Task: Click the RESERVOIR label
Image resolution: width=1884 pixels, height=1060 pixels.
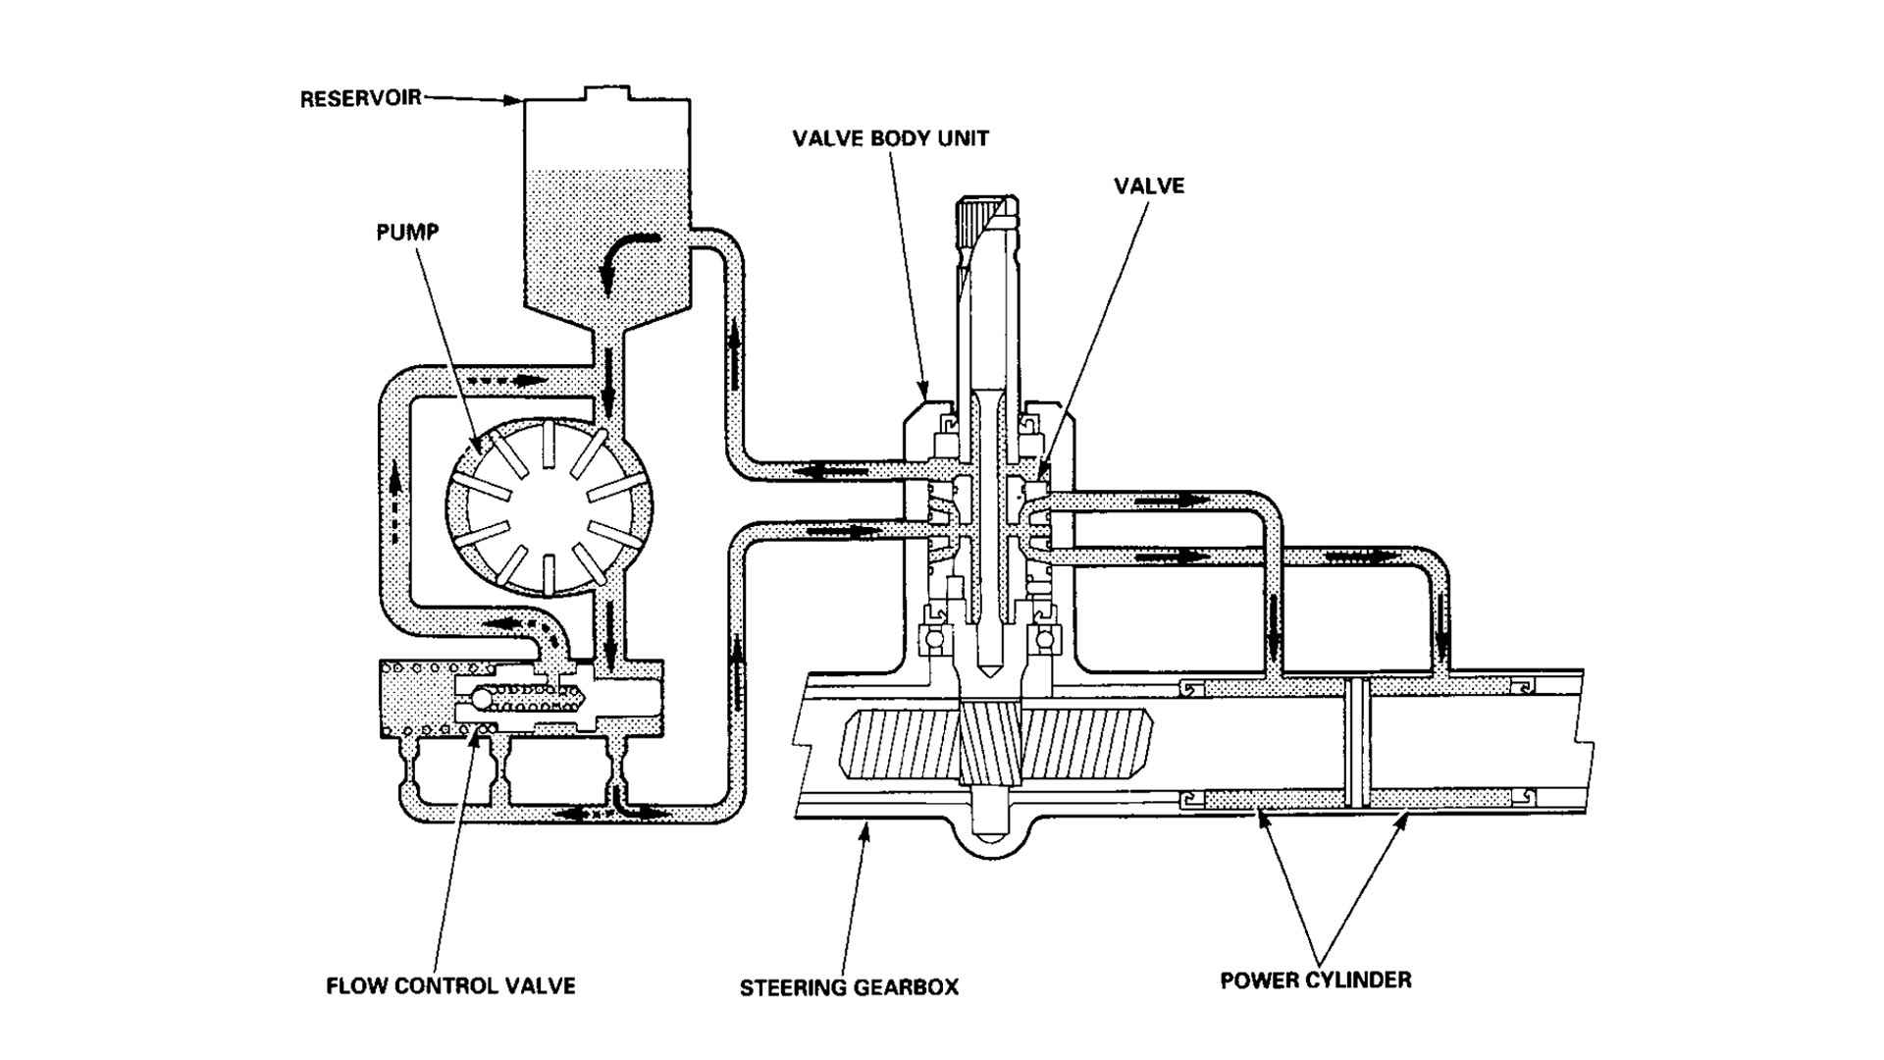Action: click(360, 98)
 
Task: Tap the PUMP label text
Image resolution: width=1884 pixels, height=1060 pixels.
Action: click(407, 233)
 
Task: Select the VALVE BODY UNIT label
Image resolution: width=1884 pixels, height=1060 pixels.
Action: click(890, 137)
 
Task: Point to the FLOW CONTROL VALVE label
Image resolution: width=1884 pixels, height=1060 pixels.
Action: click(450, 985)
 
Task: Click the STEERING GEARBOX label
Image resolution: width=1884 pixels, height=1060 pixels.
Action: click(849, 986)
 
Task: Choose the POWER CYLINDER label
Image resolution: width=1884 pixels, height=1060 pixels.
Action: click(1315, 980)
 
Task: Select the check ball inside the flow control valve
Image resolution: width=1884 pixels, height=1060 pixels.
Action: click(483, 698)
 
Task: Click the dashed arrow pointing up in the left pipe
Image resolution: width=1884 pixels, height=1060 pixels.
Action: click(394, 501)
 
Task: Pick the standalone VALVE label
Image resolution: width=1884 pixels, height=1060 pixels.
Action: click(1149, 185)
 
